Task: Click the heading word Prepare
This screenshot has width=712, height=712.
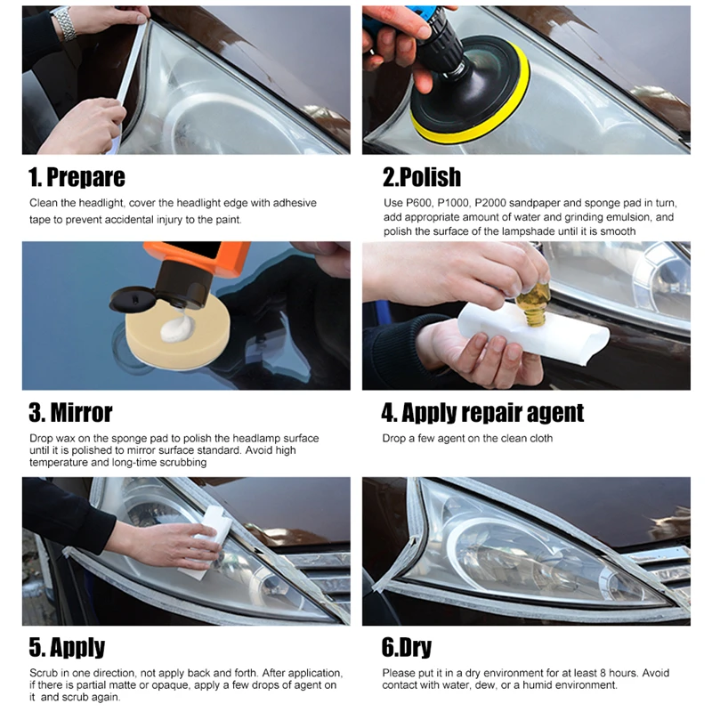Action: pyautogui.click(x=85, y=177)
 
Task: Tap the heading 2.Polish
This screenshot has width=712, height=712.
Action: pyautogui.click(x=422, y=177)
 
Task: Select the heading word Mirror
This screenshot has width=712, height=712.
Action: pyautogui.click(x=81, y=413)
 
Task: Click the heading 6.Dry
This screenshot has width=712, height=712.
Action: pyautogui.click(x=407, y=648)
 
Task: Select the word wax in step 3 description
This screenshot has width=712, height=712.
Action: pyautogui.click(x=65, y=439)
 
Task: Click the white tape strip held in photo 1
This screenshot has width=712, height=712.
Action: pyautogui.click(x=130, y=69)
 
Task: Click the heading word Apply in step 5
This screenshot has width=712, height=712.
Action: pyautogui.click(x=77, y=648)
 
